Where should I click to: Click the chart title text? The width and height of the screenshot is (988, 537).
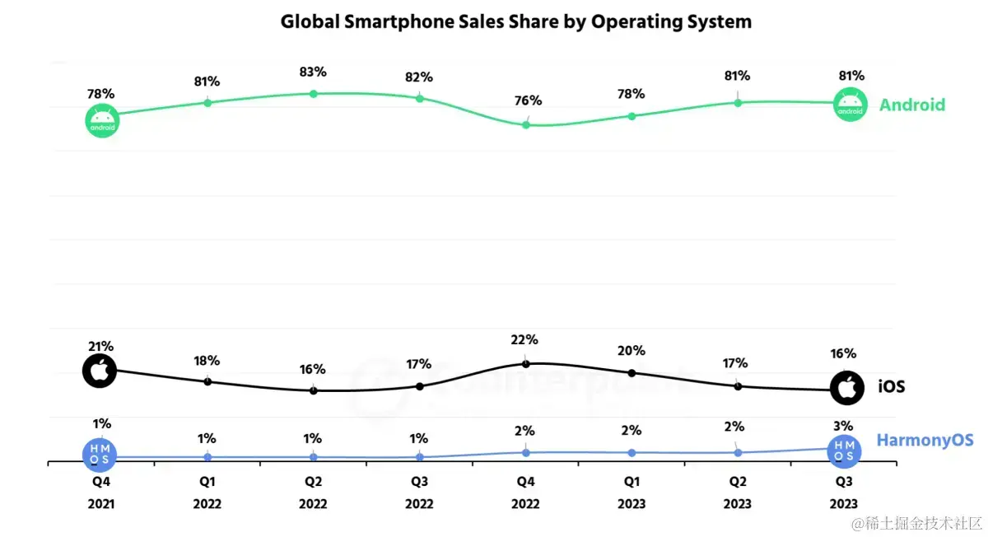point(515,22)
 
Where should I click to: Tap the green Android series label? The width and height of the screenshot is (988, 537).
point(911,105)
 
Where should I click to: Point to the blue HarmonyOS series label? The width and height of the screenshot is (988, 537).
point(925,441)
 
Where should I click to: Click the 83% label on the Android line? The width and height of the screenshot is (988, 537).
point(313,72)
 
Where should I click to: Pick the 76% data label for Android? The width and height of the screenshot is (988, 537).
point(528,101)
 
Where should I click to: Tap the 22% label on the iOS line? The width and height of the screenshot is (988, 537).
point(524,340)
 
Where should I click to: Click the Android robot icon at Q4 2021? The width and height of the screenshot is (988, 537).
point(102,121)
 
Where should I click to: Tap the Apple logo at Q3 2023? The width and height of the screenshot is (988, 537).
point(846,388)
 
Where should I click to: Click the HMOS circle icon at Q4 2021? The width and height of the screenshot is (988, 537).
point(100,452)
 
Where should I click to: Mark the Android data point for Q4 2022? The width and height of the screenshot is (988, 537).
point(526,124)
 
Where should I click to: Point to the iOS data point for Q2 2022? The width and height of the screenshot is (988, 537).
point(314,390)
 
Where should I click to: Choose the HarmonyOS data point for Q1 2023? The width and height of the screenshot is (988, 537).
point(631,453)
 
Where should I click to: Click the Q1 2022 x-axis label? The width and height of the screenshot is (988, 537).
point(207,492)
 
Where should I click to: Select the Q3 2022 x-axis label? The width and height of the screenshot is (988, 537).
point(419,492)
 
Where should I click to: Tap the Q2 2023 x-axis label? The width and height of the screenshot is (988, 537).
point(738,492)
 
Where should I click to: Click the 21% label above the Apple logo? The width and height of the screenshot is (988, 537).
point(102,347)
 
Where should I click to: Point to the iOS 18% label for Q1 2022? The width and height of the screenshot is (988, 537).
point(207,361)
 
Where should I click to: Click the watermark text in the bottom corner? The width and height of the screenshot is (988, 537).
point(917,523)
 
